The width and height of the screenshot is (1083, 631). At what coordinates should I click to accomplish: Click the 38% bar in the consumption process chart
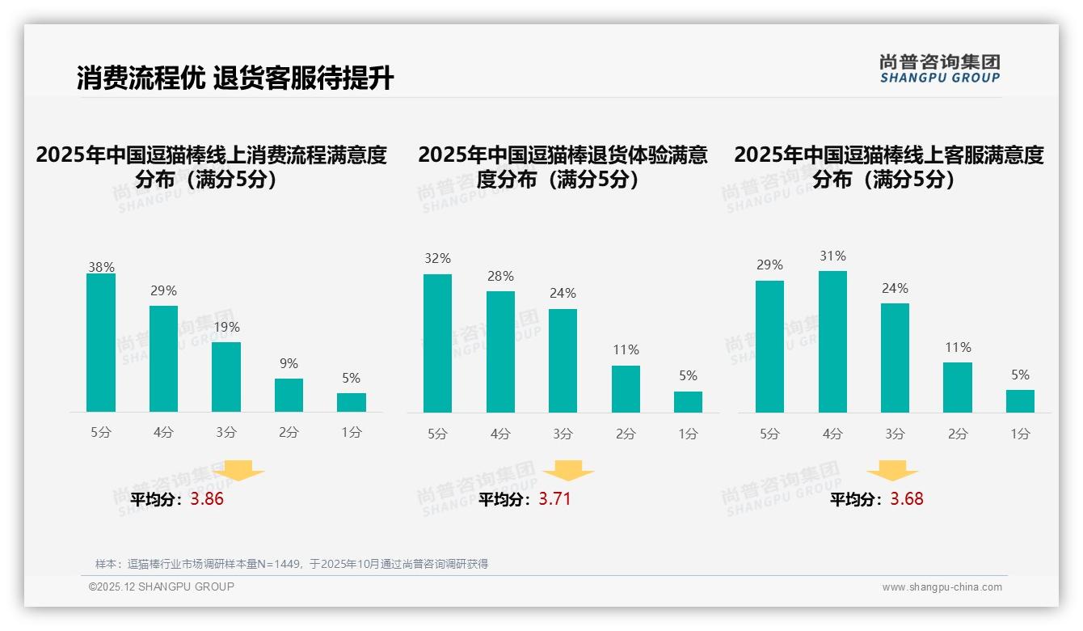click(x=101, y=343)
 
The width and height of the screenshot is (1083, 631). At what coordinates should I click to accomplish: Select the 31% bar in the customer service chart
click(x=832, y=341)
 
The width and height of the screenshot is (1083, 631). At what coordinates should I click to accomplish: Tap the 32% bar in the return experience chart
click(x=437, y=343)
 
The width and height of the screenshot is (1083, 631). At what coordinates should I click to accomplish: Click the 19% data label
click(x=226, y=328)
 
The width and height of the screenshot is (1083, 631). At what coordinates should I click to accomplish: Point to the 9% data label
click(x=289, y=364)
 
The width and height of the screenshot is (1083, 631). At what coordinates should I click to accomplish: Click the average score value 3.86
click(x=207, y=499)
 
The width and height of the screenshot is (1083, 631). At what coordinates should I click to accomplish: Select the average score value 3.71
click(x=554, y=499)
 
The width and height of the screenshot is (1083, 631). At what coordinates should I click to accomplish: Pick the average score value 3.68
click(x=907, y=499)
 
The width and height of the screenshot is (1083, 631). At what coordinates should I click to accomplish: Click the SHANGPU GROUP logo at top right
click(x=939, y=69)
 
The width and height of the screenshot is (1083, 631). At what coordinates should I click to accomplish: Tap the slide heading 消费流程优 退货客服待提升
click(x=235, y=78)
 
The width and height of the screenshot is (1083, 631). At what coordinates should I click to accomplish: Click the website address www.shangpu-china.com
click(x=942, y=587)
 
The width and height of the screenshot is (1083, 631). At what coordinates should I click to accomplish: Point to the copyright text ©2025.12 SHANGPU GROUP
click(x=162, y=587)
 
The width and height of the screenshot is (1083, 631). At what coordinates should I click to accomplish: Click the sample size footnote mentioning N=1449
click(x=292, y=564)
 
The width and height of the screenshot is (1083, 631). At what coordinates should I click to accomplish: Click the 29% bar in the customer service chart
click(x=769, y=346)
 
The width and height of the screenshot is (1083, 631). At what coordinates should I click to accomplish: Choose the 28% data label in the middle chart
click(x=500, y=277)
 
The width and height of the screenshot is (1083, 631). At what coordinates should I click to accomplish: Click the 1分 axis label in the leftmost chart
click(x=352, y=433)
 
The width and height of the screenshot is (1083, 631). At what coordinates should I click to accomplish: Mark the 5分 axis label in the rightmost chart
click(x=769, y=434)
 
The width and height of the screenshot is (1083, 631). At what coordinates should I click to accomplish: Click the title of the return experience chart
click(x=563, y=167)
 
